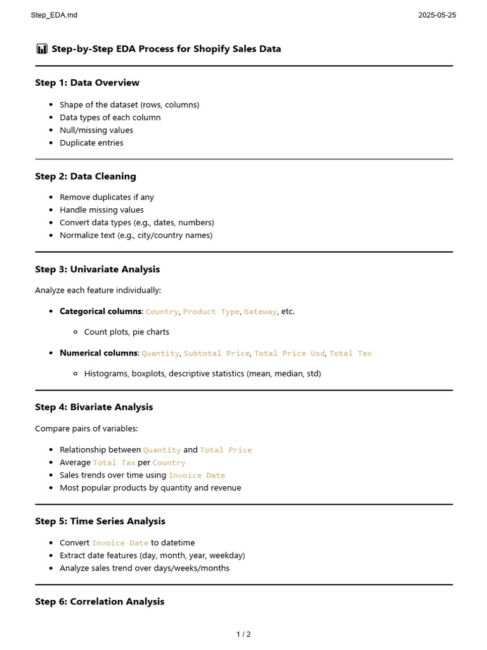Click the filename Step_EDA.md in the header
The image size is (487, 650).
click(54, 15)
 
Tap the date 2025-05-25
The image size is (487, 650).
click(436, 15)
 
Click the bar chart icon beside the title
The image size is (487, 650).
click(42, 49)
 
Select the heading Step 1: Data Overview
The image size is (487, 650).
click(87, 83)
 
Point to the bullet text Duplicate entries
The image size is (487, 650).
click(91, 143)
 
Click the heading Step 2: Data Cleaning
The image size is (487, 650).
click(85, 176)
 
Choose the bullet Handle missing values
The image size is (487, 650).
click(101, 210)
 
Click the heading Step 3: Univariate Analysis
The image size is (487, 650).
click(97, 270)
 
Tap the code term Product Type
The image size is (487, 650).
click(211, 312)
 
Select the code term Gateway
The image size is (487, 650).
click(260, 312)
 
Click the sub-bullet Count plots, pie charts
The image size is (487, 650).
click(126, 332)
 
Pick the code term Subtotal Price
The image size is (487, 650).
click(216, 354)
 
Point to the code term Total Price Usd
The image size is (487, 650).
click(289, 354)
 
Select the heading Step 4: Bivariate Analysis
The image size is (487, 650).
click(94, 408)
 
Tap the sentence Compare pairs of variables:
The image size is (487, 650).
click(86, 429)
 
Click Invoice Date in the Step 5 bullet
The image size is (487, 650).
click(120, 543)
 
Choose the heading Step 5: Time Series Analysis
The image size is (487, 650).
click(100, 522)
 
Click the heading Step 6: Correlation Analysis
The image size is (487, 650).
click(100, 602)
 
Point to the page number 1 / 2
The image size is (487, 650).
click(243, 634)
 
